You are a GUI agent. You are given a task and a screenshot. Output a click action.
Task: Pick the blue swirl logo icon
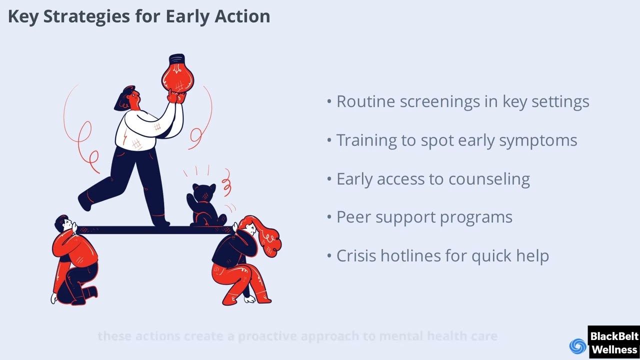click(578, 346)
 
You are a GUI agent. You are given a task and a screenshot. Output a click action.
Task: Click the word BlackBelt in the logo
click(614, 336)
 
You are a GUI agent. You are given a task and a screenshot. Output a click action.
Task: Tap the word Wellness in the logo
click(614, 349)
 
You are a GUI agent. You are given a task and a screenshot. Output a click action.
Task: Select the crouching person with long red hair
click(245, 260)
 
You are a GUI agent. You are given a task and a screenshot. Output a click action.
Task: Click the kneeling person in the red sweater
click(75, 260)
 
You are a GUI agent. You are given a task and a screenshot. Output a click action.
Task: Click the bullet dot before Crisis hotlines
click(329, 256)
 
